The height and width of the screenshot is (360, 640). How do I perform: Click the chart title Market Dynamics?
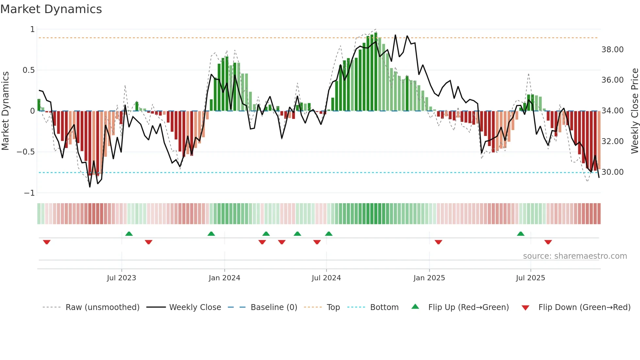point(51,9)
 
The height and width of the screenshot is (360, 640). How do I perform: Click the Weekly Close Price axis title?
point(634,111)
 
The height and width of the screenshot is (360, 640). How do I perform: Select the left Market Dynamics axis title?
point(5,111)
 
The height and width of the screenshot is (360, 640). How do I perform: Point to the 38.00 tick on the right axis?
point(612,50)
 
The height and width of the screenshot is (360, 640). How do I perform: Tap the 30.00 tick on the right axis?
point(612,172)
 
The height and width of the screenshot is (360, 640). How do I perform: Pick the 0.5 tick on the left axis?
point(28,70)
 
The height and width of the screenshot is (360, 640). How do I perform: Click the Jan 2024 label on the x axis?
point(224,278)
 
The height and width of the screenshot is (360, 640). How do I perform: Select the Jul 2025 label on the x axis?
point(530,278)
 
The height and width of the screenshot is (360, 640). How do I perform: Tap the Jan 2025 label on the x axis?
point(429,278)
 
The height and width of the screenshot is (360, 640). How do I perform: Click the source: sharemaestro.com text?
point(575,256)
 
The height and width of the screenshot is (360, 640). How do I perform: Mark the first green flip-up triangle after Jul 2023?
point(129,234)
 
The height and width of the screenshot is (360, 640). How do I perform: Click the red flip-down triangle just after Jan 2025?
point(438,242)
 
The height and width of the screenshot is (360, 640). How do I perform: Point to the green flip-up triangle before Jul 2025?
point(520,234)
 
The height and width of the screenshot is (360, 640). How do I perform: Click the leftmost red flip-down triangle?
point(47,242)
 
